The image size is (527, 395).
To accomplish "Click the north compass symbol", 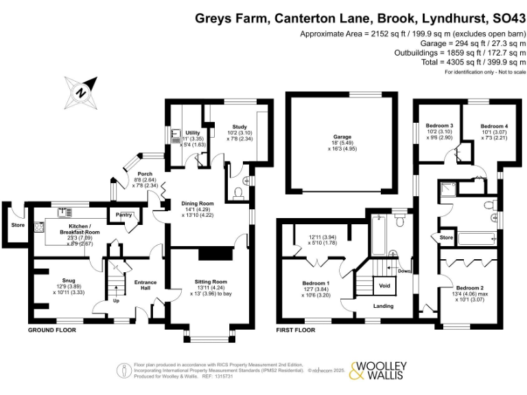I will point(81,93).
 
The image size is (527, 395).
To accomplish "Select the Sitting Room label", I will point(210,282).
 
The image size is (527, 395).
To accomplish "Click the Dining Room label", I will point(198,204).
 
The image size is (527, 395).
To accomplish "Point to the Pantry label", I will point(124,215).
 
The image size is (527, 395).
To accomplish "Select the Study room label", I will point(239,127).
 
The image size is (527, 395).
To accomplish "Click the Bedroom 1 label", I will point(316,283).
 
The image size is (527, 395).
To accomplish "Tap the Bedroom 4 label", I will point(494,127).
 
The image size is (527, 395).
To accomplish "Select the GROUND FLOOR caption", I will point(51,330).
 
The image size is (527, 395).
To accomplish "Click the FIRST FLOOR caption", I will point(295,330).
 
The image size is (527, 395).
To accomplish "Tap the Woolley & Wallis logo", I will point(379,370).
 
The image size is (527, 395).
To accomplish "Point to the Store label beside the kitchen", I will point(16,224).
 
